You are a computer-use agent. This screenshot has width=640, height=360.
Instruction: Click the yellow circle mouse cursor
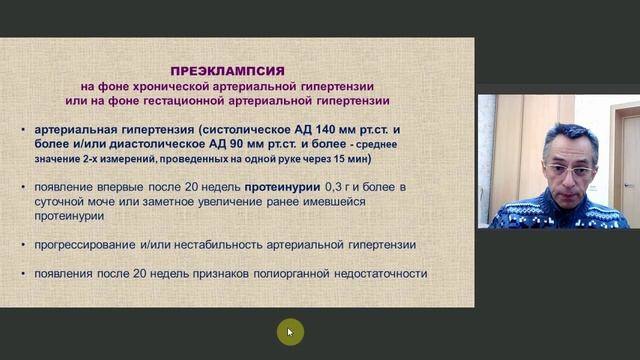click(289, 332)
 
